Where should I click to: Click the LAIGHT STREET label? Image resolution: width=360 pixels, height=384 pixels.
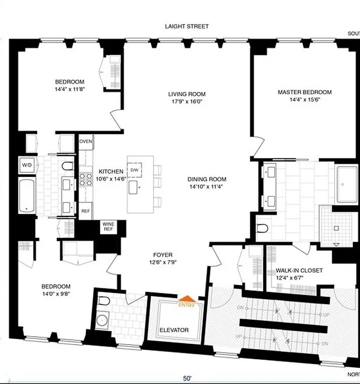coord(187,26)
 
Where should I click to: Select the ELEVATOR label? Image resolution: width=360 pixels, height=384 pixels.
coord(174,330)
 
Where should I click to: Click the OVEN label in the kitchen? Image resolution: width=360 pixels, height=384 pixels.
coord(86,141)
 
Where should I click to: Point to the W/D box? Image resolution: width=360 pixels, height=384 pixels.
coord(26,165)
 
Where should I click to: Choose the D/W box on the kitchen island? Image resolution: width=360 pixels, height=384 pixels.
coord(134,170)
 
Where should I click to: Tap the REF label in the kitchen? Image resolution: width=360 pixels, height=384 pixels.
coord(85,211)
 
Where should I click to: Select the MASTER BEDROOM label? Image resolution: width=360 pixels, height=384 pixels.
coord(305,92)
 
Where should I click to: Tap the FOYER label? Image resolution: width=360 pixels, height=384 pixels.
coord(163,255)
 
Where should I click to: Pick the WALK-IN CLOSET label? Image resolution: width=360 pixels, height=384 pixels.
coord(299,270)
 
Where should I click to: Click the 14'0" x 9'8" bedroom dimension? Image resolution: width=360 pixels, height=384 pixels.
coord(56,293)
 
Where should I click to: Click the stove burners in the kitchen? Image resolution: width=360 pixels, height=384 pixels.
coord(86,179)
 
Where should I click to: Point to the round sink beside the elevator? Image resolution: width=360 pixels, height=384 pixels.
coord(101,321)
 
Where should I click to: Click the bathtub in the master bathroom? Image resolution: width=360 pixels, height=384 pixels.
coord(347,184)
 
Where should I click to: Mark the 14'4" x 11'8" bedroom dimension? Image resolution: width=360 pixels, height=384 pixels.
coord(70,89)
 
